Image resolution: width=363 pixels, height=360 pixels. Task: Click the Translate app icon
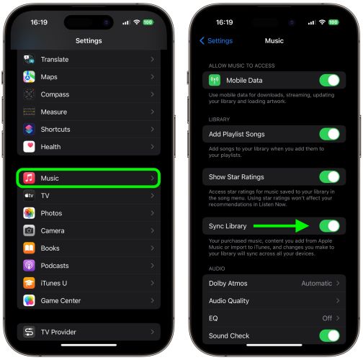point(29,60)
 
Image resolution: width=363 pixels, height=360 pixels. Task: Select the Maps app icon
point(29,77)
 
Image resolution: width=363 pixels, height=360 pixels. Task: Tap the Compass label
point(55,94)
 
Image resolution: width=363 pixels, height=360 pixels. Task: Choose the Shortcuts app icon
point(29,130)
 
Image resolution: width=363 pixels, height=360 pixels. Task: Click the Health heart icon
point(29,147)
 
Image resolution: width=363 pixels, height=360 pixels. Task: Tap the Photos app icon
point(29,213)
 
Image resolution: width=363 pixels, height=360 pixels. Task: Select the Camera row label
point(53,230)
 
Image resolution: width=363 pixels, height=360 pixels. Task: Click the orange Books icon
point(29,248)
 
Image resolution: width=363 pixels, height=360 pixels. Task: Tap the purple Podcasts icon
point(29,266)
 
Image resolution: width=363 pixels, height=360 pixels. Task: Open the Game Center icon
point(29,300)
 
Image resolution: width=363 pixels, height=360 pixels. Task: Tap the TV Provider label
point(58,332)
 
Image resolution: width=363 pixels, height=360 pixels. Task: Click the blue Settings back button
point(215,41)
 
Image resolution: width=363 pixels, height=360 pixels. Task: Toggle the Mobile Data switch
point(329,81)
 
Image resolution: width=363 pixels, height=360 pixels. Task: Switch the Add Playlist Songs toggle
point(329,134)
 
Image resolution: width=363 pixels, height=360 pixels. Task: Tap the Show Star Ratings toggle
point(329,176)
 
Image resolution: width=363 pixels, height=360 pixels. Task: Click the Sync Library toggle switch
point(329,226)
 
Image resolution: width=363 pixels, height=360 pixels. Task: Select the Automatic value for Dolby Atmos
point(316,283)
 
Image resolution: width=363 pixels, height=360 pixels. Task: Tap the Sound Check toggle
point(329,336)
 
